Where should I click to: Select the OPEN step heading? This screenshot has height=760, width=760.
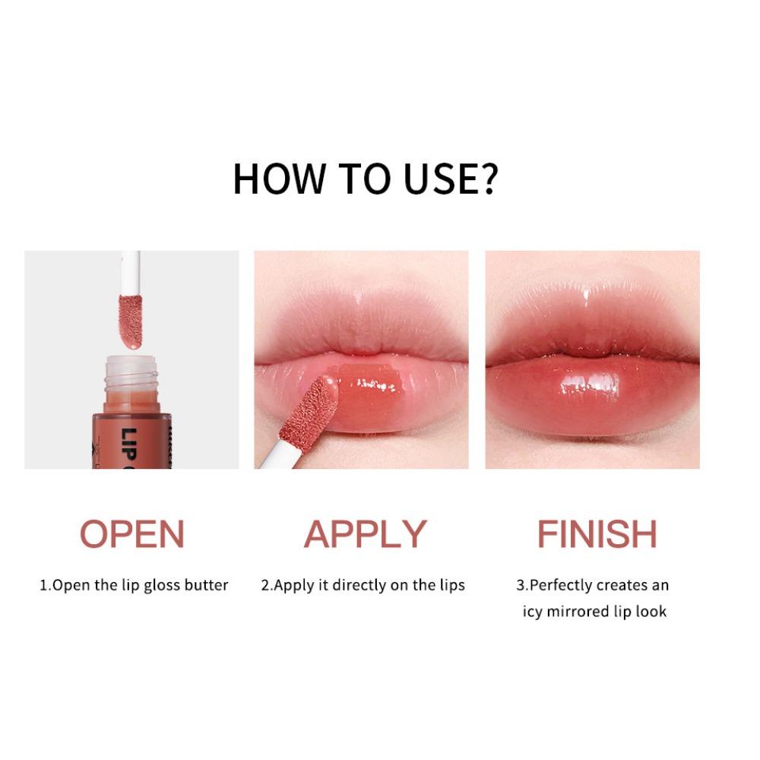point(132,534)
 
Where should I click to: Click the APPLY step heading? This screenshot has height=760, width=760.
point(366,534)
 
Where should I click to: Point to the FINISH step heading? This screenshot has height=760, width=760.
point(597,534)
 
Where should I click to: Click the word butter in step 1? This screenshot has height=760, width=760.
point(204,585)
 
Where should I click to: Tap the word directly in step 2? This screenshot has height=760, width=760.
point(363,585)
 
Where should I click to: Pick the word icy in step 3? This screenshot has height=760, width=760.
point(534,611)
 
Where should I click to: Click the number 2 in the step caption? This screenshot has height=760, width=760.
point(265,585)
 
